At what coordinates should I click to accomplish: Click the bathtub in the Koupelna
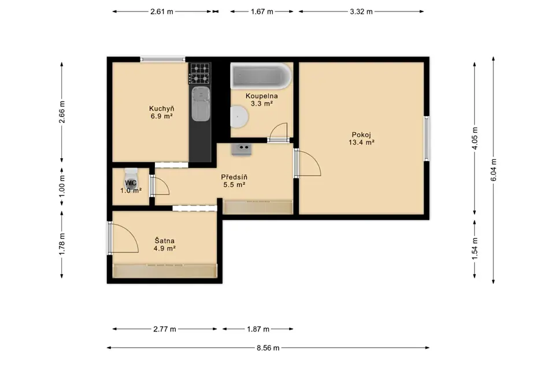[261, 76]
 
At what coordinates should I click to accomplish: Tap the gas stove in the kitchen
[199, 73]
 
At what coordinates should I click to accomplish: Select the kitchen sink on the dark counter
[201, 104]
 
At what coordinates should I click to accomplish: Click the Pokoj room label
[361, 135]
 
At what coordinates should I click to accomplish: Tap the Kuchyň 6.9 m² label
[161, 113]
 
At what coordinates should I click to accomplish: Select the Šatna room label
[165, 241]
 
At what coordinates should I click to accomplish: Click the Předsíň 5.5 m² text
[234, 181]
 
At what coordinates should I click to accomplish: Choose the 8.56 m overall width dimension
[268, 348]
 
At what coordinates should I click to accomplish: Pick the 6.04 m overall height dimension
[493, 170]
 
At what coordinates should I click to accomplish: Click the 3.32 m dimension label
[361, 12]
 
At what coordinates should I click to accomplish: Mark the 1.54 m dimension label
[475, 249]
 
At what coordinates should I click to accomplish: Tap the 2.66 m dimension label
[62, 112]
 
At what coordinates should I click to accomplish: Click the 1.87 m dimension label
[258, 329]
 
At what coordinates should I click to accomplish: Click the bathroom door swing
[278, 132]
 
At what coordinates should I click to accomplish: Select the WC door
[160, 186]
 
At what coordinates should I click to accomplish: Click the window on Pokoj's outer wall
[427, 139]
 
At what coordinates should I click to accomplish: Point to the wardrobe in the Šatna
[165, 271]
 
